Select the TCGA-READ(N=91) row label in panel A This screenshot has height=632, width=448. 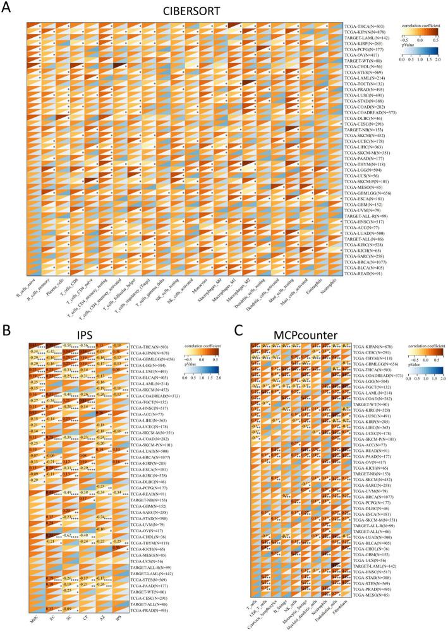click(363, 275)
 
